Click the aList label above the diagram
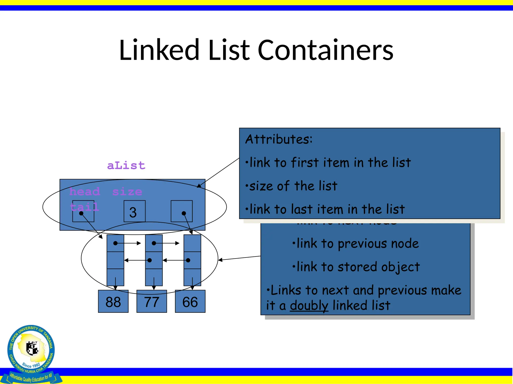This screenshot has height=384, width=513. (x=126, y=165)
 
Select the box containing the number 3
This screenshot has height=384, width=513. (x=135, y=211)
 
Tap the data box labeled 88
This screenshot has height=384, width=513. (x=113, y=301)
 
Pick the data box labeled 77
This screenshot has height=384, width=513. (x=152, y=301)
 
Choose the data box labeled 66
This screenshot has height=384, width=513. (x=190, y=301)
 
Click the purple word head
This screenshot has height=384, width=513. (x=85, y=191)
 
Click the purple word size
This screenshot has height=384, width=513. (x=127, y=191)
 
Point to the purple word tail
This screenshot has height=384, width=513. (x=84, y=207)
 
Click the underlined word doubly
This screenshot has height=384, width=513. (x=309, y=305)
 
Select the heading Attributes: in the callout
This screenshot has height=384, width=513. (x=279, y=139)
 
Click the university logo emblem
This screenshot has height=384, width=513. (x=31, y=350)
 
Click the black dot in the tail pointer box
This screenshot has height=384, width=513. (x=184, y=213)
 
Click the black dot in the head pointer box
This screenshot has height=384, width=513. (x=81, y=213)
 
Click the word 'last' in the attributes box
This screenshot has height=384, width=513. (x=303, y=209)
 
